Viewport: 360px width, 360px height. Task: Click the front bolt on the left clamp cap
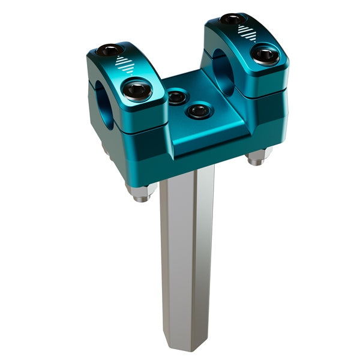[x=137, y=91]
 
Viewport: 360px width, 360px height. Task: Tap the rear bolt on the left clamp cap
[x=110, y=50]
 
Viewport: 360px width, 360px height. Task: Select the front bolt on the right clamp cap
[x=264, y=55]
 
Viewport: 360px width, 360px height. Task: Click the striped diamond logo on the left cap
[x=123, y=64]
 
